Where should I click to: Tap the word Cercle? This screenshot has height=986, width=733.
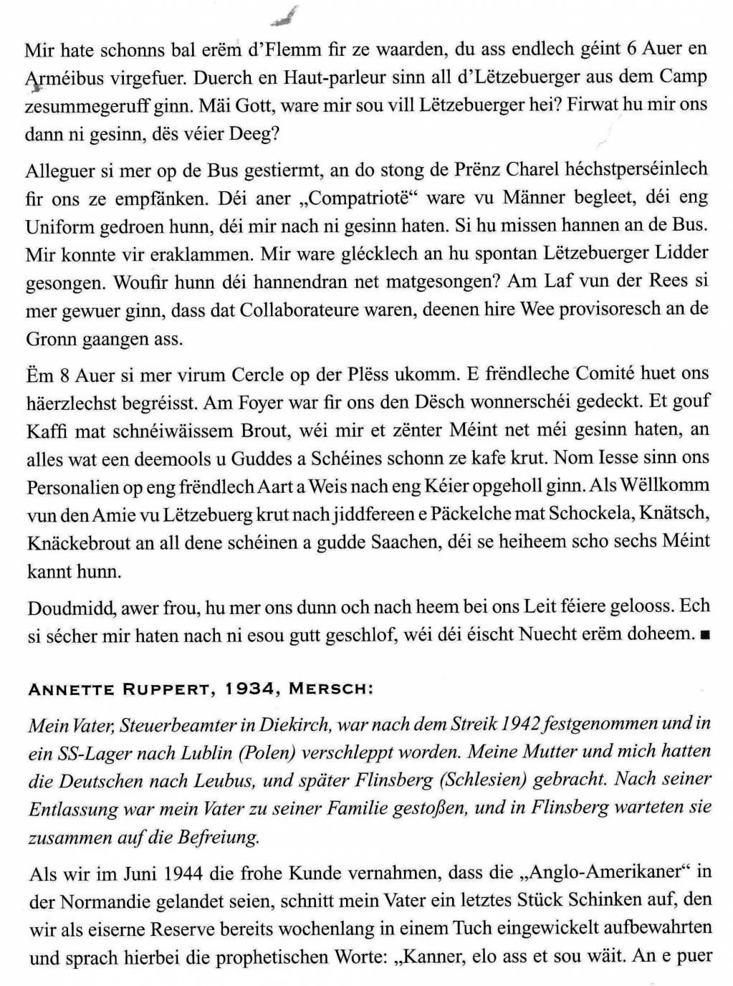(259, 374)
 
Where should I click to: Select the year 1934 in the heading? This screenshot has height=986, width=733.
(253, 689)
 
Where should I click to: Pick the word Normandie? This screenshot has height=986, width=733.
(107, 901)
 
